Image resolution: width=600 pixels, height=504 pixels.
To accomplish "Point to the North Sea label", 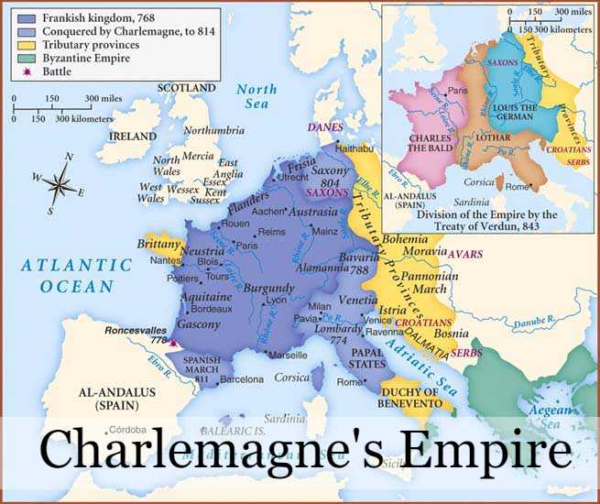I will click(x=256, y=97).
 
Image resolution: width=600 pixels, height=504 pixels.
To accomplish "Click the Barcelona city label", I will click(x=242, y=379).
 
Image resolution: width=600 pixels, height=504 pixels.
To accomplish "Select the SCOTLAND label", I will click(x=186, y=88).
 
